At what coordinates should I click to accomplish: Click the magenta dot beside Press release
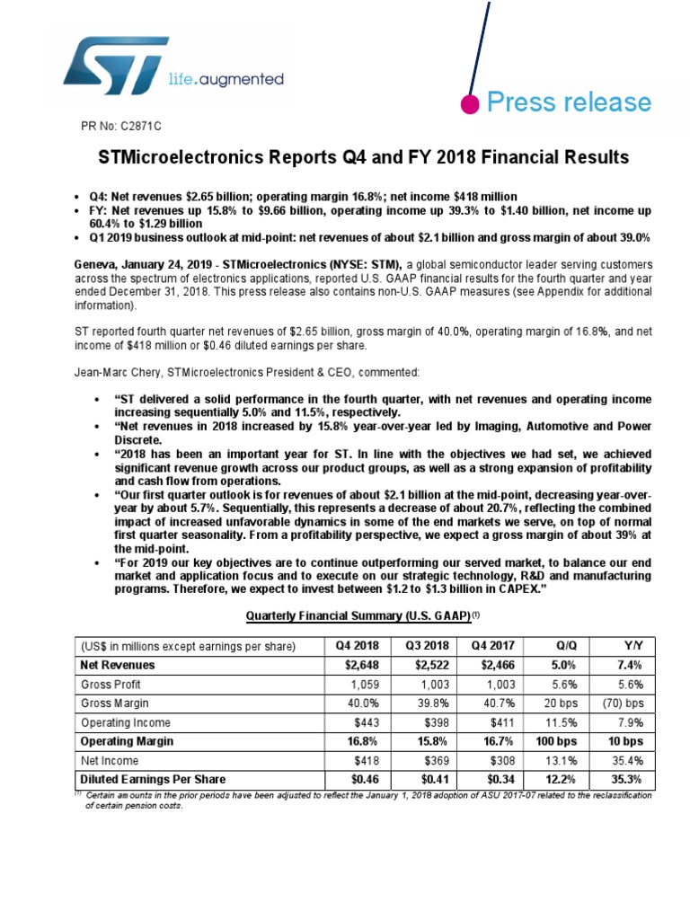pyautogui.click(x=468, y=103)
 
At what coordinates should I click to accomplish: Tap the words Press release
pyautogui.click(x=568, y=102)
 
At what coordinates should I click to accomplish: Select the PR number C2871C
pyautogui.click(x=119, y=125)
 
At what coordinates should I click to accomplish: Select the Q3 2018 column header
pyautogui.click(x=422, y=645)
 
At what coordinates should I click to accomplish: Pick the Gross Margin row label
pyautogui.click(x=114, y=703)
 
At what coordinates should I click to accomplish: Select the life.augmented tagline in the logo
pyautogui.click(x=226, y=80)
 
